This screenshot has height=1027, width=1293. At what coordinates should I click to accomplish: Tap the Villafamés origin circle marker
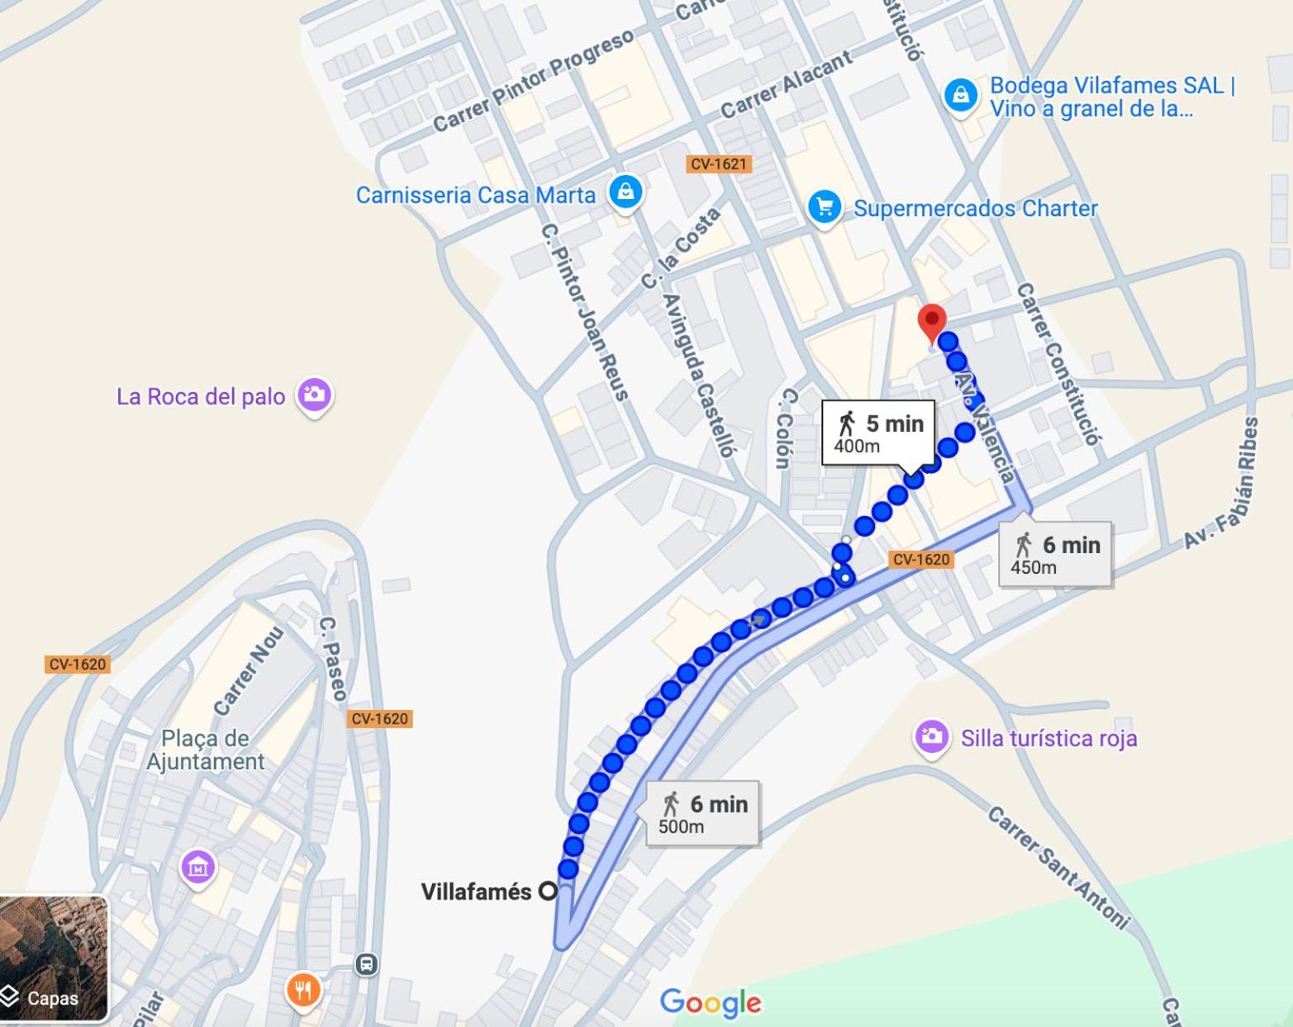coord(548,892)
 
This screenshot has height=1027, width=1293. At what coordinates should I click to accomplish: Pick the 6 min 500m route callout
coord(702,813)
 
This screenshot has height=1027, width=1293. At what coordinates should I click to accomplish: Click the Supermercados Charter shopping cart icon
coord(824,206)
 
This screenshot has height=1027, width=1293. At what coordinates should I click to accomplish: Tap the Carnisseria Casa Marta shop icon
coord(625,192)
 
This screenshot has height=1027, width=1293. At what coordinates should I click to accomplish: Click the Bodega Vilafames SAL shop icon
coord(960,96)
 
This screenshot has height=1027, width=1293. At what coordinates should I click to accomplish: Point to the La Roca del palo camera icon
coord(314,395)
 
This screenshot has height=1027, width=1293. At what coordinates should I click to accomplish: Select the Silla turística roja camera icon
coord(931,736)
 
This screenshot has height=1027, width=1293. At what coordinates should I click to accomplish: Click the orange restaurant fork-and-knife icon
coord(303,989)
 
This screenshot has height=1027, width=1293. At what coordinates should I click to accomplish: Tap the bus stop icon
coord(367,964)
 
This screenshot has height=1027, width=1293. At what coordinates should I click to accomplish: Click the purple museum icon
coord(197,868)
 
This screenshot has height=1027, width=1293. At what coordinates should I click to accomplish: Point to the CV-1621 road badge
coord(718,163)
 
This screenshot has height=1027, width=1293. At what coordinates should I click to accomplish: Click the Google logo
coord(711,1002)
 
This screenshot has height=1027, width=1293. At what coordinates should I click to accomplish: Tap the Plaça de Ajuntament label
coord(205,750)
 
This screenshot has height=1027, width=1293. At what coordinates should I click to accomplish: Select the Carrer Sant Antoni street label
coord(1058,867)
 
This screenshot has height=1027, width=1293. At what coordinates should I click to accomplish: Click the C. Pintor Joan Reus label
coord(585,312)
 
